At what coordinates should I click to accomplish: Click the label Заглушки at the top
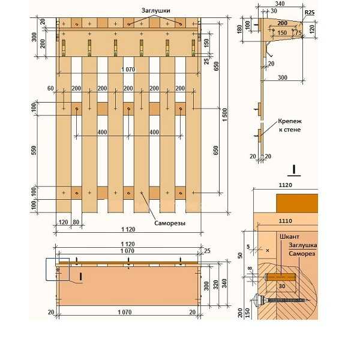(x=155, y=11)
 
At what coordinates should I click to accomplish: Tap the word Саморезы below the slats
(x=170, y=223)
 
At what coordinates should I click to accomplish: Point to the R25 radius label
(x=310, y=13)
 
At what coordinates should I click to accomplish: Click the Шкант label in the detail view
(x=289, y=236)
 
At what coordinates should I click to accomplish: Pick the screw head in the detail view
(x=259, y=300)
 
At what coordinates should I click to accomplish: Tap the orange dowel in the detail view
(x=280, y=277)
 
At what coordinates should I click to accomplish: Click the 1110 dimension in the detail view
(x=286, y=221)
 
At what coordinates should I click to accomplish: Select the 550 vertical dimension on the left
(x=34, y=150)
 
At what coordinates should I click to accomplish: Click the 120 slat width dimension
(x=63, y=222)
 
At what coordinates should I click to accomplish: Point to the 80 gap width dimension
(x=76, y=222)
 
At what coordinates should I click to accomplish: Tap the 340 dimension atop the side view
(x=280, y=4)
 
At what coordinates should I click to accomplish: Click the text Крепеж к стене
(x=290, y=125)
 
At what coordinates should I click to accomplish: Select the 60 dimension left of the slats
(x=50, y=88)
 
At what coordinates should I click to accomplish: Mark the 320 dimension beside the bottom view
(x=216, y=284)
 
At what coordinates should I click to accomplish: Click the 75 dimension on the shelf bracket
(x=298, y=33)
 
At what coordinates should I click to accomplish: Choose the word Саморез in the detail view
(x=302, y=254)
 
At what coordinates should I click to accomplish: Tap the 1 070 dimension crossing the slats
(x=128, y=70)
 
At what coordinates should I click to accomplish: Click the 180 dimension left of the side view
(x=239, y=29)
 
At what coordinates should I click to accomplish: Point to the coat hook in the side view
(x=268, y=50)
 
